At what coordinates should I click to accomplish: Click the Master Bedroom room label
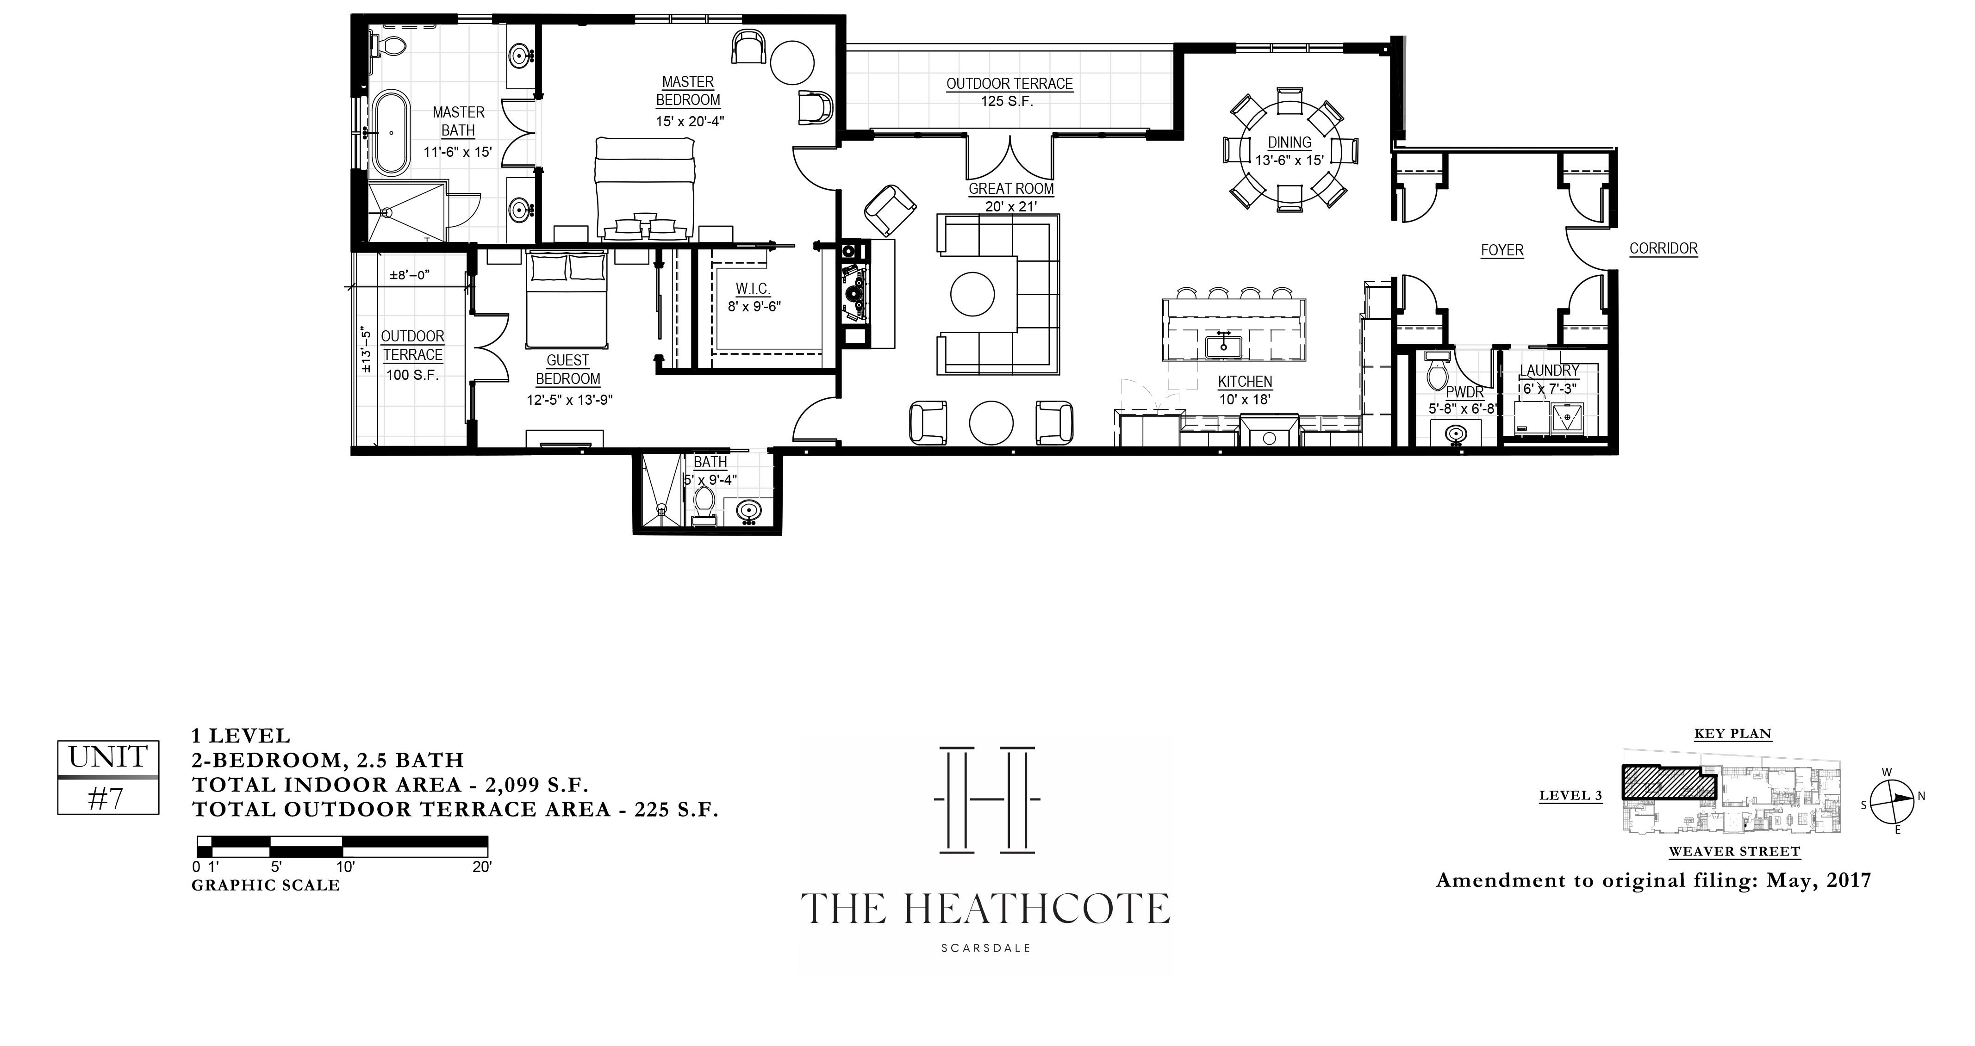point(688,90)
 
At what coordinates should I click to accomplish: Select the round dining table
point(1290,151)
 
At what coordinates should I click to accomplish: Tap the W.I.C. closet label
point(753,289)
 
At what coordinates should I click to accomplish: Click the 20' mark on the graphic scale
point(481,867)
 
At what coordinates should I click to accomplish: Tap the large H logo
point(987,799)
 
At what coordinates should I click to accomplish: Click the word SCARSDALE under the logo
point(986,948)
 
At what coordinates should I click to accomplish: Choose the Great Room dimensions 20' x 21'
point(1010,207)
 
